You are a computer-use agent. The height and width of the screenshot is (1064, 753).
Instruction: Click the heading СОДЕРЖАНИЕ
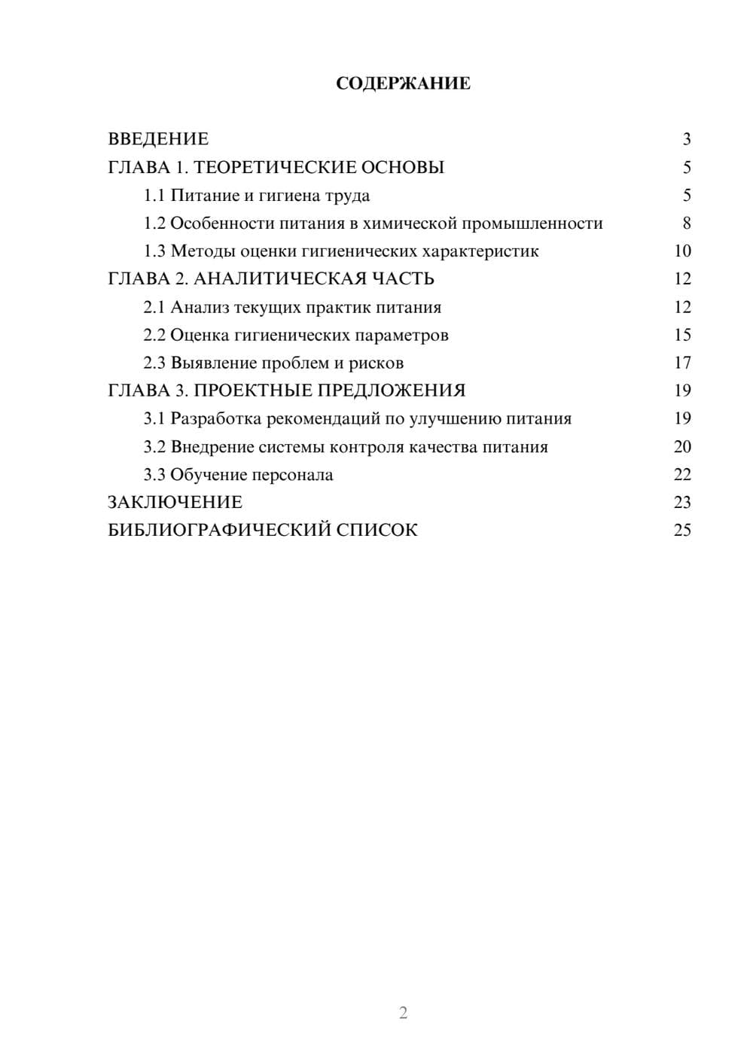(x=403, y=84)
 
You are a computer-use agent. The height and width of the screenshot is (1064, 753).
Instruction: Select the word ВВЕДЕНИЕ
(x=158, y=139)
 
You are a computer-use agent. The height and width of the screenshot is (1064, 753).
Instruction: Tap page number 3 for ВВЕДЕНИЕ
(x=686, y=139)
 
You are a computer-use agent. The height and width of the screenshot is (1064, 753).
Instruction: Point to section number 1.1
(x=154, y=196)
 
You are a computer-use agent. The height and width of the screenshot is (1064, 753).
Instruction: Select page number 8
(x=686, y=223)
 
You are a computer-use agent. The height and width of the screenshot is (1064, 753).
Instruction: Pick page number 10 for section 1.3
(x=682, y=251)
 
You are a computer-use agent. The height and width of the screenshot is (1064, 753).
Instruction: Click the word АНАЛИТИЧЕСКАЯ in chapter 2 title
(x=279, y=279)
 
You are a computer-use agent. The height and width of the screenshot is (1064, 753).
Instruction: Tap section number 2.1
(x=154, y=307)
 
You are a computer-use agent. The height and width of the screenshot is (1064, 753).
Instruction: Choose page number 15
(x=682, y=335)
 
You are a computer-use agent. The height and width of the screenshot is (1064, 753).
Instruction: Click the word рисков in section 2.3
(x=376, y=363)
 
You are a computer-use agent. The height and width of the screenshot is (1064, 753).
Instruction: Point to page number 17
(x=682, y=363)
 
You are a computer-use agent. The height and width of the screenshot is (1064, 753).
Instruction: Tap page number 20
(x=682, y=447)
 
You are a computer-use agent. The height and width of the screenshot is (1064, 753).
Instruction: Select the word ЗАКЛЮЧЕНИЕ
(x=175, y=502)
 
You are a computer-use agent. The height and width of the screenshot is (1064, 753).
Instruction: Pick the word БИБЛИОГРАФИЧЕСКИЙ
(x=218, y=530)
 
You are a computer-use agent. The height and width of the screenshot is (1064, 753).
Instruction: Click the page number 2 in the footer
(x=403, y=1013)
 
